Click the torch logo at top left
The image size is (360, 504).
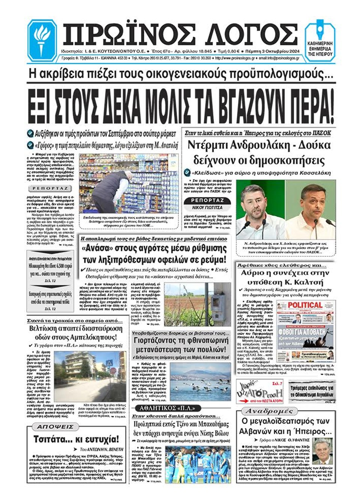click(x=42, y=40)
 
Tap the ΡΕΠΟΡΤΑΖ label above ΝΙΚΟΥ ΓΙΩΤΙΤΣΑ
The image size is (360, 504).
click(x=207, y=201)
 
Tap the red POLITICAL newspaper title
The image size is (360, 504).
click(x=304, y=305)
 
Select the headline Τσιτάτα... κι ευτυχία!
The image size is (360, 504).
click(x=76, y=439)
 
